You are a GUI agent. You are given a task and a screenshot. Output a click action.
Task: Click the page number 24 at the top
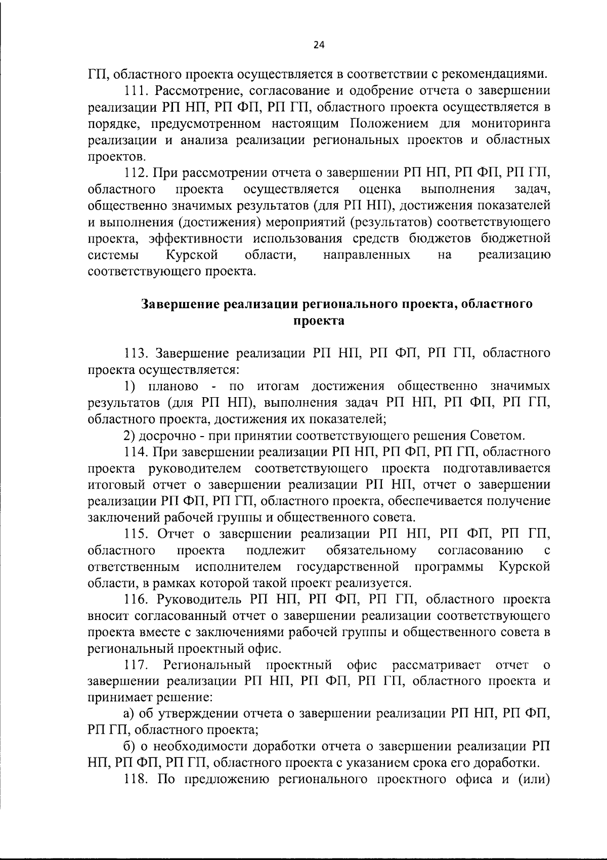coord(319,45)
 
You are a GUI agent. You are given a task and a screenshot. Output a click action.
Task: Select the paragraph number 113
coord(136,353)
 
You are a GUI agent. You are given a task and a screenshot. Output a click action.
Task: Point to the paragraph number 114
coord(136,451)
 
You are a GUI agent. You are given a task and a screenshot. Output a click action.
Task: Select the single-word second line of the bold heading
coord(319,321)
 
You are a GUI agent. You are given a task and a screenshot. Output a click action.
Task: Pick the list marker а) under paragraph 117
coord(129,714)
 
